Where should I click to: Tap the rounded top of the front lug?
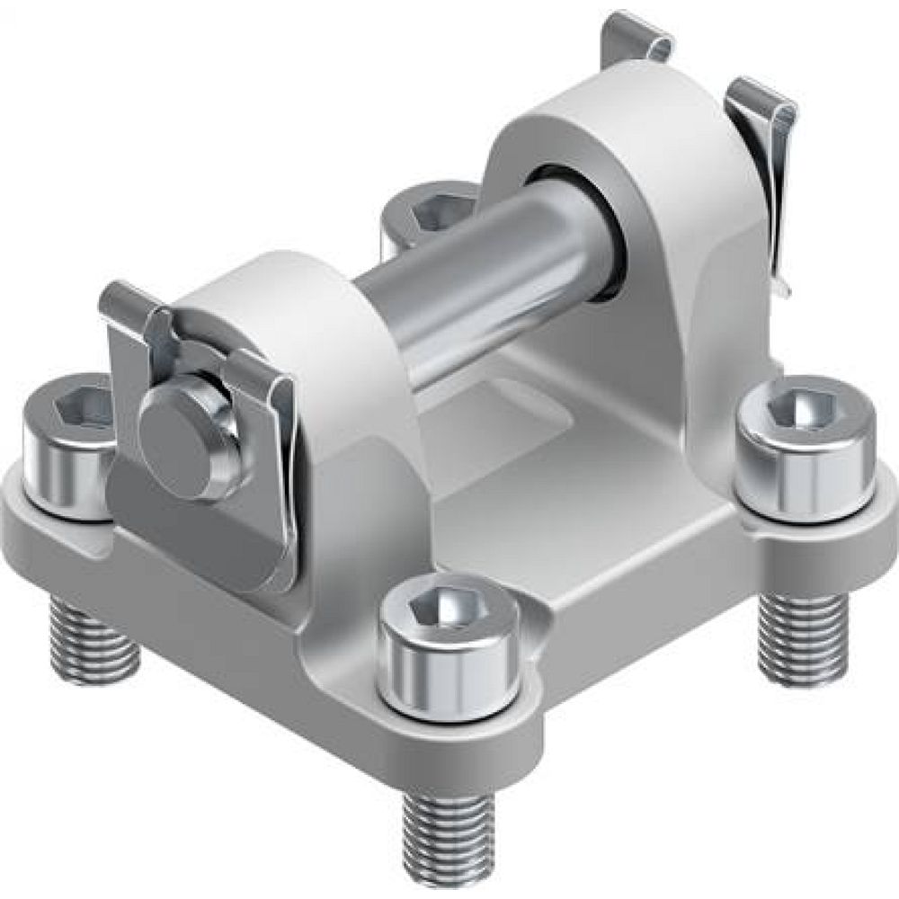pyautogui.click(x=270, y=288)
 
